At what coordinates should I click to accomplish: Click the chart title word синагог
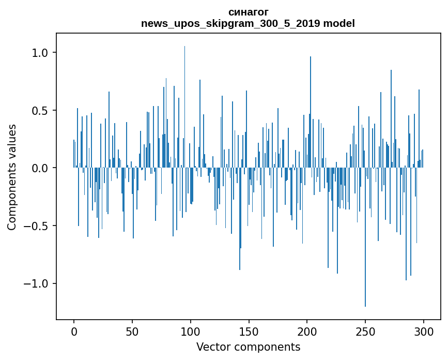248,12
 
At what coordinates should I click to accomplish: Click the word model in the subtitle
338,23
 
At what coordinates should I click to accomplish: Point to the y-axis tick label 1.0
40,53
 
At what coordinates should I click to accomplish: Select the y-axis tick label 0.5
40,111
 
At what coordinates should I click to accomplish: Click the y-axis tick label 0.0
40,168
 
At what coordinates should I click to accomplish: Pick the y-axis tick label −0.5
36,226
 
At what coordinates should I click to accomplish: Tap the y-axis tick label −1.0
36,283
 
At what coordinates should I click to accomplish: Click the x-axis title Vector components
248,347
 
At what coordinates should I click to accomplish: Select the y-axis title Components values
11,177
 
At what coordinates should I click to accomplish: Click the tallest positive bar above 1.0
184,103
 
